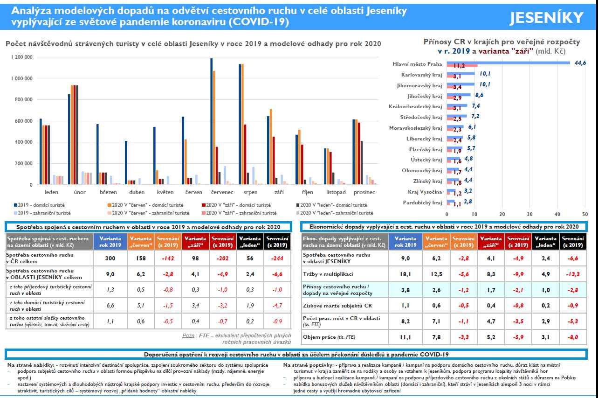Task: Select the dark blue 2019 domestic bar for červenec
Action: pyautogui.click(x=211, y=121)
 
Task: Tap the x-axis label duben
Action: pyautogui.click(x=136, y=192)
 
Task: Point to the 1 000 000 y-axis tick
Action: pyautogui.click(x=21, y=78)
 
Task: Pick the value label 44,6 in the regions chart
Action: pyautogui.click(x=580, y=63)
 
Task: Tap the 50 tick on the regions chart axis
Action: pyautogui.click(x=584, y=214)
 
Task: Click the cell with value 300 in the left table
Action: pyautogui.click(x=107, y=258)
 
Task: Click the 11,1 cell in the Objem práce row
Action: pyautogui.click(x=406, y=336)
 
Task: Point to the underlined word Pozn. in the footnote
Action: pyautogui.click(x=189, y=335)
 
